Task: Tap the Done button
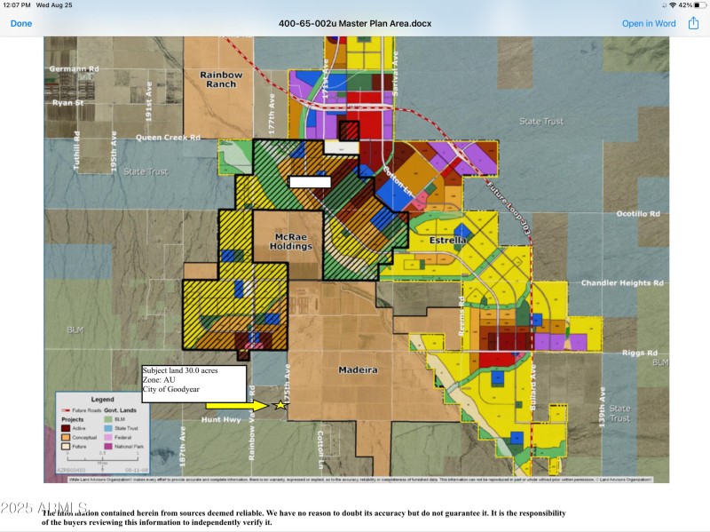(20, 23)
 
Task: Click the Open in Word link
(648, 23)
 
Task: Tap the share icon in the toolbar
(693, 22)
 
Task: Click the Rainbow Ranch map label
(221, 79)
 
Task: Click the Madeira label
(358, 369)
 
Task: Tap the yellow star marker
(281, 405)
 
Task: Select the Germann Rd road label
(74, 68)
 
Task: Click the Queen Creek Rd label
(168, 138)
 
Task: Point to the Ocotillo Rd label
(638, 214)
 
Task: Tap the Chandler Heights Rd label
(622, 283)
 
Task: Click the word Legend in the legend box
(102, 400)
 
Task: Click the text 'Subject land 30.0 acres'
(193, 370)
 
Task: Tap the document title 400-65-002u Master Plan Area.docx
(355, 23)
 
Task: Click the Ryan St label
(67, 103)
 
